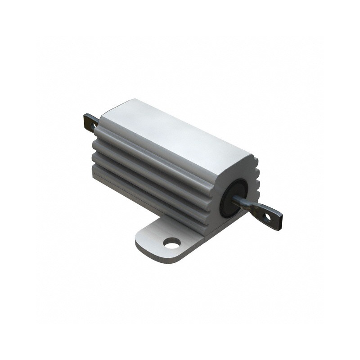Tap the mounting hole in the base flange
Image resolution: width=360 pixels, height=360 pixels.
coord(172,243)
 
